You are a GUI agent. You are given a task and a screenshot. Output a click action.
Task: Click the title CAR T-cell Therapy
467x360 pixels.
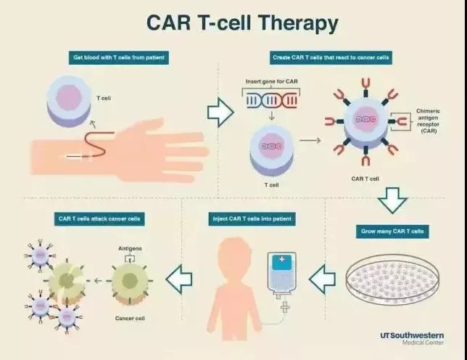242,22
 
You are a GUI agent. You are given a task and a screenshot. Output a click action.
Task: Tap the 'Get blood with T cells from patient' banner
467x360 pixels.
119,57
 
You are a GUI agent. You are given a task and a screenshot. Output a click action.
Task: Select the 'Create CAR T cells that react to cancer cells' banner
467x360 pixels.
331,57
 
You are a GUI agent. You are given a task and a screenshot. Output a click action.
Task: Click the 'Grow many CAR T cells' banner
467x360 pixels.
392,232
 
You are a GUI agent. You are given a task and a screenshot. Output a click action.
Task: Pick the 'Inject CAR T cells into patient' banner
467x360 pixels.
252,218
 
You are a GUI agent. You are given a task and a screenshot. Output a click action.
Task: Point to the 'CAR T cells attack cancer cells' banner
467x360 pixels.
99,218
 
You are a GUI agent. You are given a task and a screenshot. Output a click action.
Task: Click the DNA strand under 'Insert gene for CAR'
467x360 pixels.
272,101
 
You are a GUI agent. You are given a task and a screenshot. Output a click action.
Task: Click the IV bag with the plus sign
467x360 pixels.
281,273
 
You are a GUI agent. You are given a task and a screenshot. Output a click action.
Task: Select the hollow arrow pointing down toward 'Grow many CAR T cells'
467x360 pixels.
392,200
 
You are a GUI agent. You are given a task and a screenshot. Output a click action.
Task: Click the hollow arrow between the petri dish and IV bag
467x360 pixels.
323,279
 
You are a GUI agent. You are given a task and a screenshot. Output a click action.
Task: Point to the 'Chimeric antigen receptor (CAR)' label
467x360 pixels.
428,120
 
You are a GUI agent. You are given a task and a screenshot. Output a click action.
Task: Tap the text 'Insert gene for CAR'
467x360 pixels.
272,81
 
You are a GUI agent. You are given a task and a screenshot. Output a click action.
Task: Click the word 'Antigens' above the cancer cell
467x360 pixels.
130,248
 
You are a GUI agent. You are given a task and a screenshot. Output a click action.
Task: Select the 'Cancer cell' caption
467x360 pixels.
130,319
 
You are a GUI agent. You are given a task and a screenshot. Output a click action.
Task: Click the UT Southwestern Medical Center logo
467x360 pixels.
412,338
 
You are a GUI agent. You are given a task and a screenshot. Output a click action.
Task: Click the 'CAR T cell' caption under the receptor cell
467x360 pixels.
365,179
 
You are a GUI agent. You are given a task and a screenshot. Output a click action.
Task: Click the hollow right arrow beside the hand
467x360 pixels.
220,112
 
